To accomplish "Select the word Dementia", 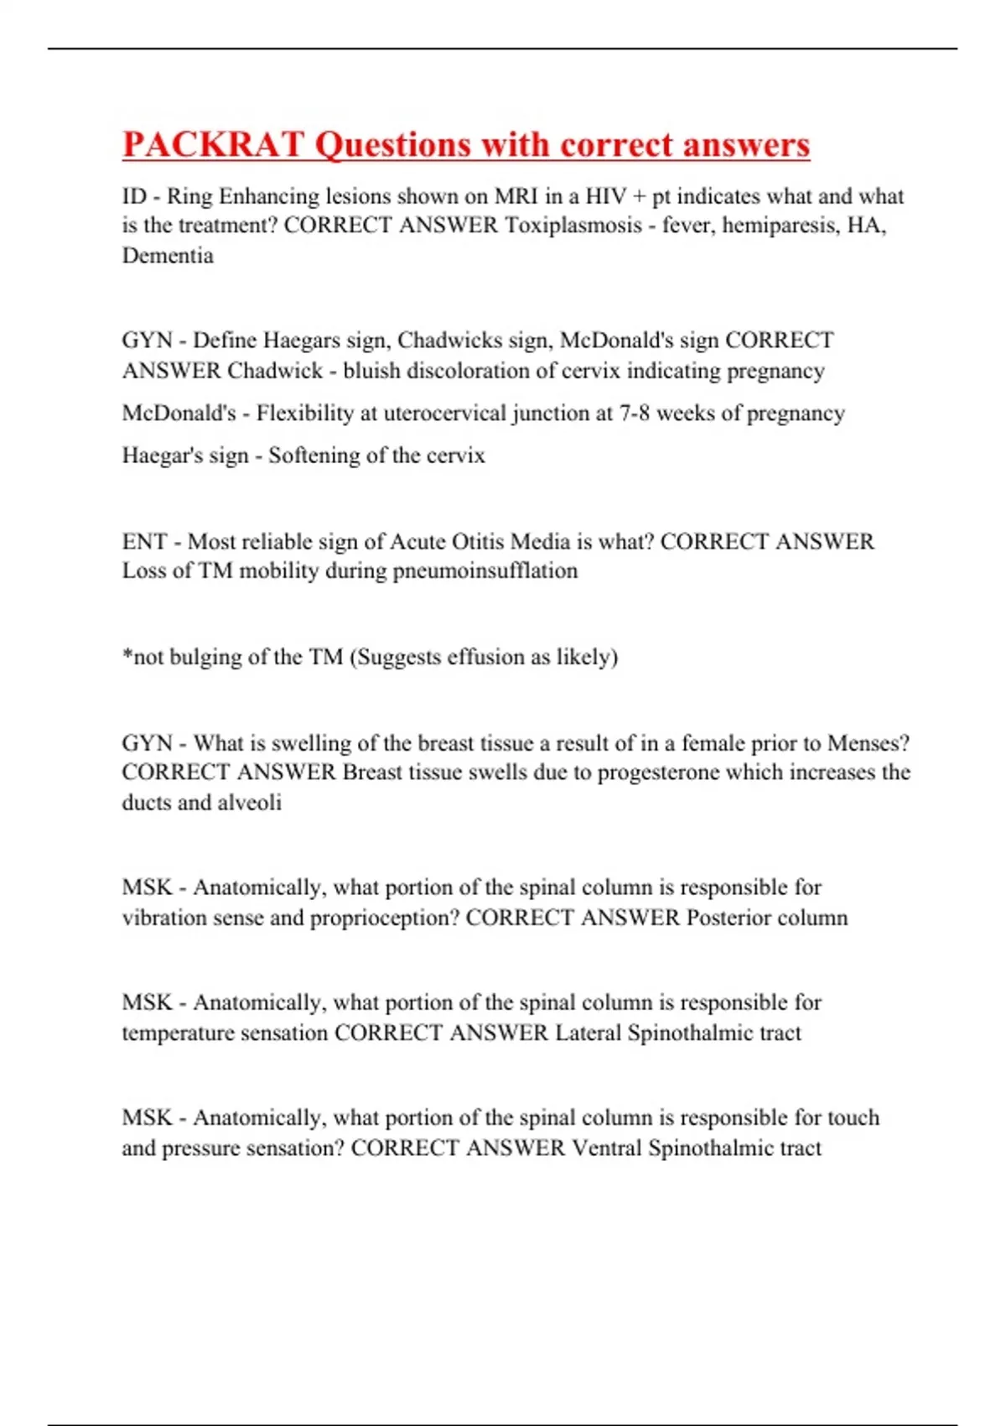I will pyautogui.click(x=168, y=255).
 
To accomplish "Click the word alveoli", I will pyautogui.click(x=249, y=803).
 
